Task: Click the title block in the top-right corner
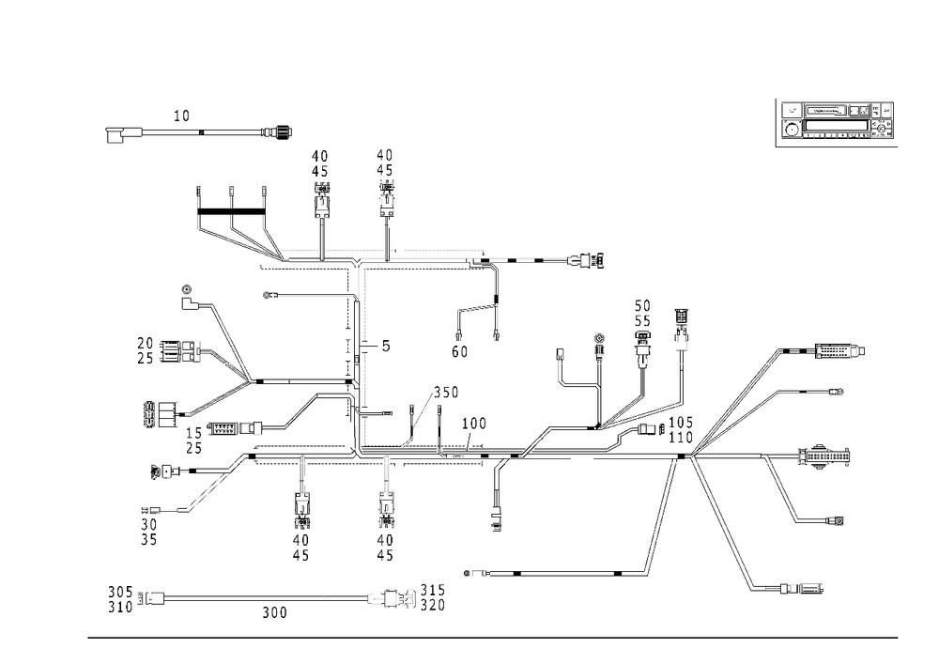pos(837,121)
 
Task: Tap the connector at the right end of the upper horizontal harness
pos(590,259)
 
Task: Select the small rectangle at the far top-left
pos(115,137)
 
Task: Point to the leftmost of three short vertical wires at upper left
pos(199,207)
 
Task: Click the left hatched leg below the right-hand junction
pos(662,517)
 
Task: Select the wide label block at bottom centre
pos(406,597)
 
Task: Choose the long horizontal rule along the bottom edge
pos(493,636)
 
